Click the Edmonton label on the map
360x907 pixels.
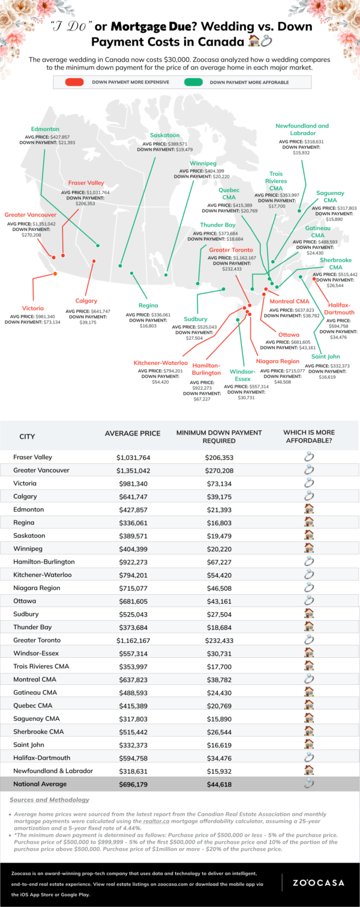pyautogui.click(x=45, y=129)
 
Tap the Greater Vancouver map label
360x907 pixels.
pyautogui.click(x=31, y=214)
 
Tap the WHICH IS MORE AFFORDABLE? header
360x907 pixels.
pyautogui.click(x=309, y=436)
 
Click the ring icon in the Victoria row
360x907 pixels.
pyautogui.click(x=309, y=483)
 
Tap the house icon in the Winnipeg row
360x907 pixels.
pyautogui.click(x=309, y=549)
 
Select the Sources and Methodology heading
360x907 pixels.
pyautogui.click(x=50, y=800)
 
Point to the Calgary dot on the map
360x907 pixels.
pyautogui.click(x=94, y=261)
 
